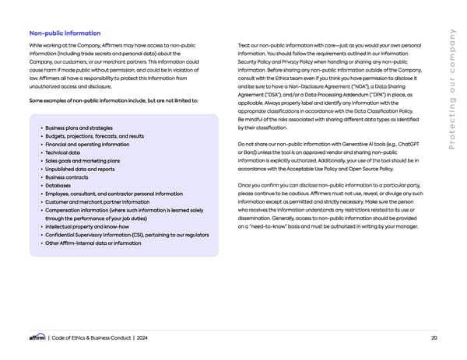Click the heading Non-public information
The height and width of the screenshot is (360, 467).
65,33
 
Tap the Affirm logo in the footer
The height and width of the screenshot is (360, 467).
37,337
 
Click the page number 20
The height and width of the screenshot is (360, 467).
433,337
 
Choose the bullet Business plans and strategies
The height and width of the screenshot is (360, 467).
79,128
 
